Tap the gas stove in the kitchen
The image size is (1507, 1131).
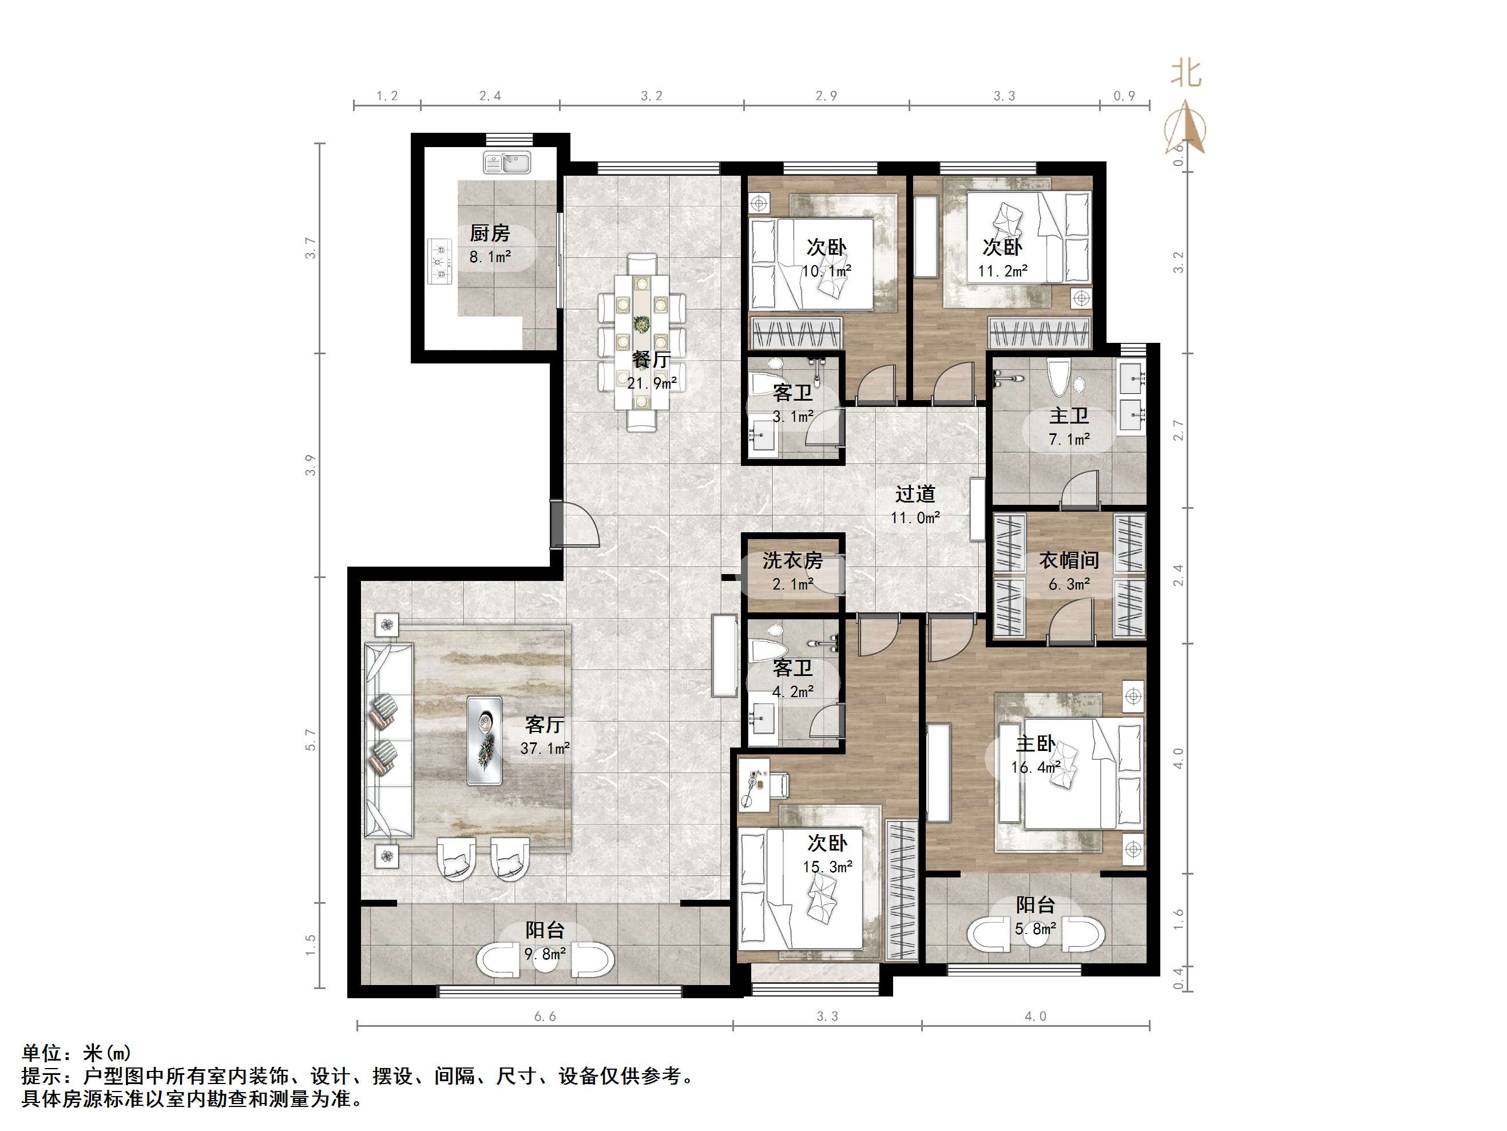coord(440,260)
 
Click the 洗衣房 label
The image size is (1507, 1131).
coord(792,560)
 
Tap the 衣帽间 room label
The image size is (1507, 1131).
coord(1069,560)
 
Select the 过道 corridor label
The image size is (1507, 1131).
coord(915,493)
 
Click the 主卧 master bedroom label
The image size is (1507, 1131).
coord(1036,743)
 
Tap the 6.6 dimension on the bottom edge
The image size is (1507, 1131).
coord(545,1017)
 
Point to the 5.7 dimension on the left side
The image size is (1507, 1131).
coord(311,739)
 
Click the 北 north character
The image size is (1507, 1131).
coord(1186,73)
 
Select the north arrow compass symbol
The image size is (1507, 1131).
coord(1185,128)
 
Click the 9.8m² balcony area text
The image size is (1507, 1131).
coord(545,954)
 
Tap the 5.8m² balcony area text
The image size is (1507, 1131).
coord(1036,928)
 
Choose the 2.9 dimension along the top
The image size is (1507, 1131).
coord(826,96)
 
